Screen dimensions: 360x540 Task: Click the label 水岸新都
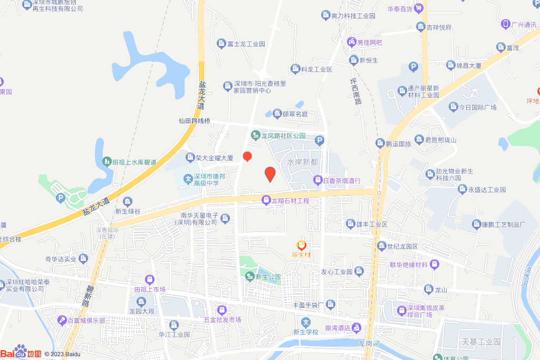coord(303,162)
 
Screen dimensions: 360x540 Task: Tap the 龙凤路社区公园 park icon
coord(255,136)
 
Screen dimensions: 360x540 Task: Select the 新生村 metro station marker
coord(301,245)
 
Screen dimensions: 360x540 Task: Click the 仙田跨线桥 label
coord(194,121)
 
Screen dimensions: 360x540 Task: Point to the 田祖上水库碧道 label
coord(134,162)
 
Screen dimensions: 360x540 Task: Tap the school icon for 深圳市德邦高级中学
coord(187,179)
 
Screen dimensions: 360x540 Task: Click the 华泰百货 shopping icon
coord(419,8)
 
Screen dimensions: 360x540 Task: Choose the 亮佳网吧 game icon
coord(351,42)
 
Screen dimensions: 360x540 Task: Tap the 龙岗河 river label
coord(369,344)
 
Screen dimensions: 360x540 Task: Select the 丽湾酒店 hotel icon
coord(358,328)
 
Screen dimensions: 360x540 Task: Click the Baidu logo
coord(21,352)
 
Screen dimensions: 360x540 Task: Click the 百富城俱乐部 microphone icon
coord(63,320)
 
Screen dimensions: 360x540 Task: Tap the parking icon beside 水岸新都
coord(319,141)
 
